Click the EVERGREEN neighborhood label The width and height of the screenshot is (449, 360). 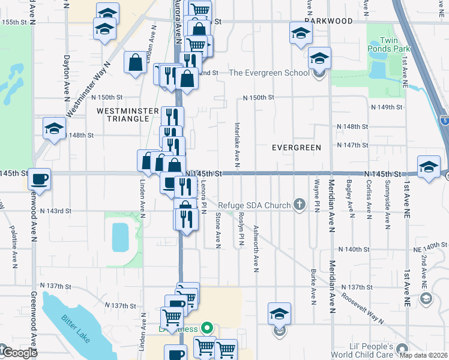[296, 148]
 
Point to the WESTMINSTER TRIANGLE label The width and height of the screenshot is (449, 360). [122, 115]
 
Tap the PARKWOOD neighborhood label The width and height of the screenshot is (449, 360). [328, 21]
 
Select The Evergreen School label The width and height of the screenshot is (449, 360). [268, 73]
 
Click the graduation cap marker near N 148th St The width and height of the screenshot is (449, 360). [54, 128]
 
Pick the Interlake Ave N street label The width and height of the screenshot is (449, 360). [238, 143]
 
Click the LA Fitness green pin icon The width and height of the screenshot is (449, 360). [207, 328]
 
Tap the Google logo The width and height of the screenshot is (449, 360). [18, 353]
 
